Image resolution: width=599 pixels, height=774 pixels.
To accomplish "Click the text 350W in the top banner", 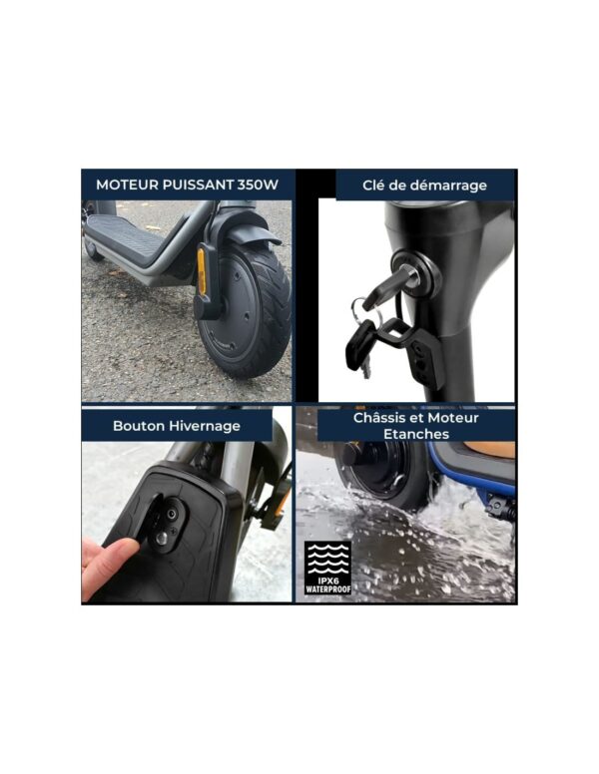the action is coord(258,185).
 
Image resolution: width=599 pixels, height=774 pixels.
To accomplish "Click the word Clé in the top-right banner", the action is coord(373,186).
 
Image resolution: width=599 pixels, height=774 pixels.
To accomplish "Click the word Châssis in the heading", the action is coord(380,418).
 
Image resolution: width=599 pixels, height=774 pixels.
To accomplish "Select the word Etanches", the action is coord(416,435).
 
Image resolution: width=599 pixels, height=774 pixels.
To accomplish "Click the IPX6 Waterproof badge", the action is coord(327,568).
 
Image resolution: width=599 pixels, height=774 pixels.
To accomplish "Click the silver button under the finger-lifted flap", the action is coord(161,539).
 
